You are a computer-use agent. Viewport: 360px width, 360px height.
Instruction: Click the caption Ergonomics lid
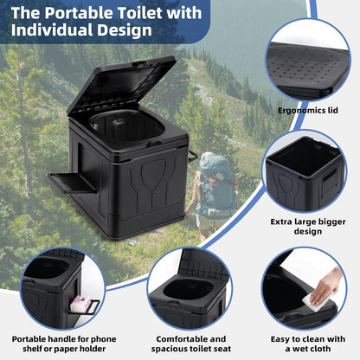[x=308, y=111]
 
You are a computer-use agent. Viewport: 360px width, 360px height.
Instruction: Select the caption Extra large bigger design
[x=308, y=227]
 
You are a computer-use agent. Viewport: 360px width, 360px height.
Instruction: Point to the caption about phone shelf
[x=64, y=344]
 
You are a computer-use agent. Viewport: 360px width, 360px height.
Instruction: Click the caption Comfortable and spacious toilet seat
[x=191, y=344]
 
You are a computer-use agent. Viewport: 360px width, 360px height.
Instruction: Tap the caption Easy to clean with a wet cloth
[x=308, y=344]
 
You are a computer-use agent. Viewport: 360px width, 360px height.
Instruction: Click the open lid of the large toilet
[x=121, y=84]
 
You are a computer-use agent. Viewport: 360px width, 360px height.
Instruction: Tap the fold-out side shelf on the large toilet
[x=72, y=183]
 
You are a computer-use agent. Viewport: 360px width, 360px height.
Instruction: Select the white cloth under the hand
[x=316, y=302]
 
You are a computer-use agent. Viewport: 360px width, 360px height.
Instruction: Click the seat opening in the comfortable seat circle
[x=189, y=289]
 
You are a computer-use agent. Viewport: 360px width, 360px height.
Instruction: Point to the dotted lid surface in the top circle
[x=305, y=67]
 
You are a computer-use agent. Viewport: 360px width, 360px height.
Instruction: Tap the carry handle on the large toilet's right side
[x=193, y=156]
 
